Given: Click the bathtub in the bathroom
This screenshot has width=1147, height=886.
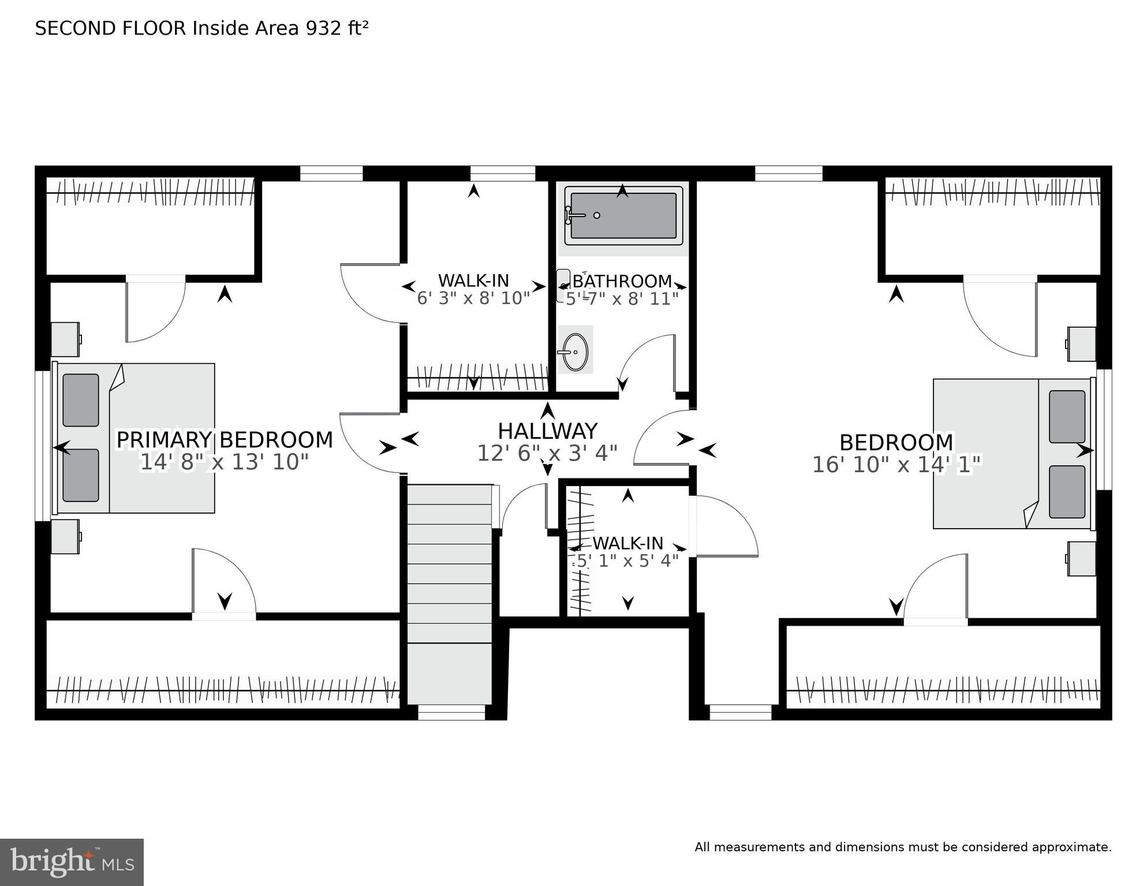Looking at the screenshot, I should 623,215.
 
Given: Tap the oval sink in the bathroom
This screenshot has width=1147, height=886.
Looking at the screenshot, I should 575,352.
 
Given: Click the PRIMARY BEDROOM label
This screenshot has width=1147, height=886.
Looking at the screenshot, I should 225,440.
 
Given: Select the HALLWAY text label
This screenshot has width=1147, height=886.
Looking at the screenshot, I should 547,431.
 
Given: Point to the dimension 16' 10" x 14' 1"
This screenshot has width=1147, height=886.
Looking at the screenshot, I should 896,465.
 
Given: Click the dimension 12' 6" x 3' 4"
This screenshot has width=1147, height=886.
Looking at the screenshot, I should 547,454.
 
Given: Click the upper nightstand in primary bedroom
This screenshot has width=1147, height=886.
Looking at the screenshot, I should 65,339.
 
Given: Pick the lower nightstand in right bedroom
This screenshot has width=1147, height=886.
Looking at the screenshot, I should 1081,558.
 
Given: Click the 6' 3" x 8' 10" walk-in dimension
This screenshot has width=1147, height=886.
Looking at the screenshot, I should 473,298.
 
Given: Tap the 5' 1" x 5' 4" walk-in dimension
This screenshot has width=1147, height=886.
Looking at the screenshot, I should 628,560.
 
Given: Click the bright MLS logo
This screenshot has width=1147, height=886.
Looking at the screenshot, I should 72,862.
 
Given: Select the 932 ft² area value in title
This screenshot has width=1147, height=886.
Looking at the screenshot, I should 337,28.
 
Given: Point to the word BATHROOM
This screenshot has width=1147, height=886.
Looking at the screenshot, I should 622,281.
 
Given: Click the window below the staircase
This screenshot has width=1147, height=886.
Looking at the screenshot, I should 451,715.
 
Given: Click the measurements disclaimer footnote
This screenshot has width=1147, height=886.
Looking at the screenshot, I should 903,847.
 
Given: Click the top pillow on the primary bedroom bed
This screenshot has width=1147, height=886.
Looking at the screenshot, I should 81,400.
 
